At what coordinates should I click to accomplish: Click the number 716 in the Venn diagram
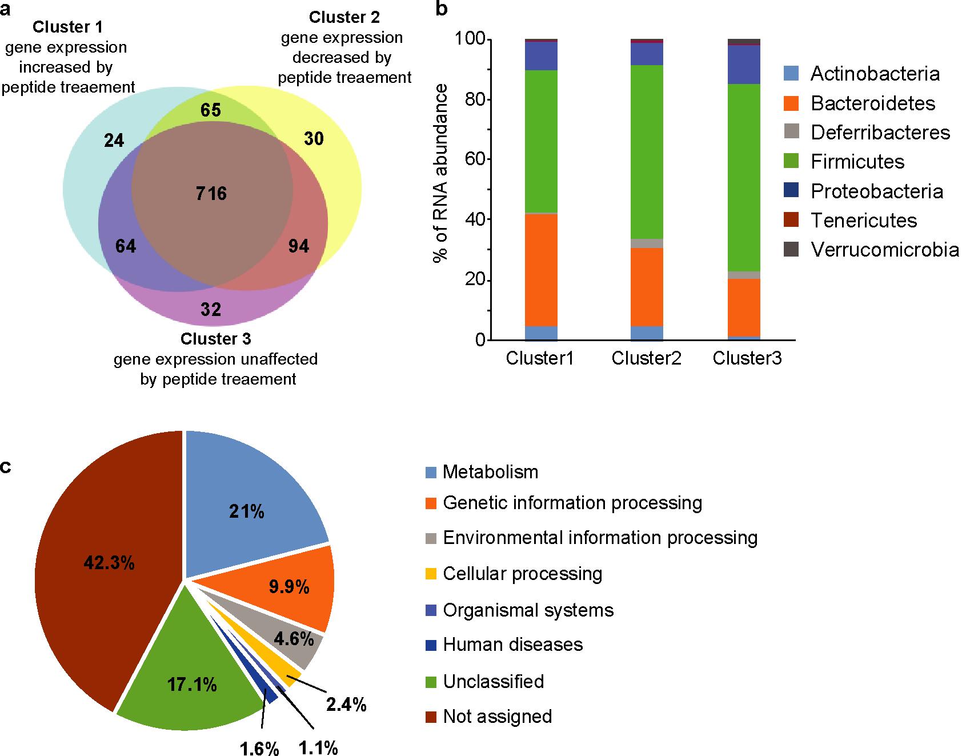pyautogui.click(x=211, y=194)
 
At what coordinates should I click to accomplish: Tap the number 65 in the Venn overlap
pyautogui.click(x=211, y=110)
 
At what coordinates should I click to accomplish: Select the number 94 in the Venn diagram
pyautogui.click(x=298, y=246)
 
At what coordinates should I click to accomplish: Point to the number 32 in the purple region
pyautogui.click(x=211, y=309)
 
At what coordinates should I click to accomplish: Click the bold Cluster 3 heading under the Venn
pyautogui.click(x=215, y=339)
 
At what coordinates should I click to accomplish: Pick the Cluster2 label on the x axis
pyautogui.click(x=646, y=358)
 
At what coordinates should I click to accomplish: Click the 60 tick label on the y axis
pyautogui.click(x=469, y=159)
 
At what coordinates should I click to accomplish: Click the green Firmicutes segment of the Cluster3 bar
pyautogui.click(x=744, y=177)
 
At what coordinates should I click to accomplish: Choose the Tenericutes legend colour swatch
pyautogui.click(x=791, y=220)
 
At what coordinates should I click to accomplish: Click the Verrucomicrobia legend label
pyautogui.click(x=884, y=250)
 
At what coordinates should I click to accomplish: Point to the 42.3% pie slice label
pyautogui.click(x=109, y=563)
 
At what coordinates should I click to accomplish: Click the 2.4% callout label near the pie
pyautogui.click(x=346, y=705)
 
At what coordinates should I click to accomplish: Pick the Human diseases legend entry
pyautogui.click(x=512, y=645)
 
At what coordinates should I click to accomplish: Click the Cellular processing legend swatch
pyautogui.click(x=432, y=574)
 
